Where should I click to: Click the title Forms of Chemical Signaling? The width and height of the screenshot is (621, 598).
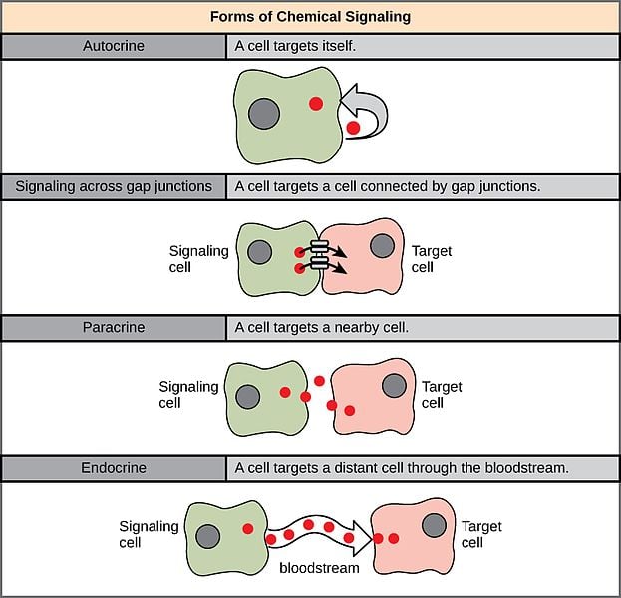[310, 17]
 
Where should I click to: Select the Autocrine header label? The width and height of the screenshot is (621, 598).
[114, 46]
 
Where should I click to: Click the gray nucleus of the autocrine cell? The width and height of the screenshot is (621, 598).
[264, 111]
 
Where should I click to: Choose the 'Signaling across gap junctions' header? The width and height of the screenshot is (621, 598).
[114, 186]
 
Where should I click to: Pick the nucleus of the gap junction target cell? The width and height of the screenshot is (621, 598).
[382, 244]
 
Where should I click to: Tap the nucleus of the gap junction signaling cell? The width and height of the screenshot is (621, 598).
[259, 252]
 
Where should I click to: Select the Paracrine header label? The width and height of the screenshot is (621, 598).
[114, 327]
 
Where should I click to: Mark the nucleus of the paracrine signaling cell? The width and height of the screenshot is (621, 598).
[248, 396]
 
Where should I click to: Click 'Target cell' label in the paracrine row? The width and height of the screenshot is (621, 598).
[442, 395]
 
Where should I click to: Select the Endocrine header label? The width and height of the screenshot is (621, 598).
[114, 467]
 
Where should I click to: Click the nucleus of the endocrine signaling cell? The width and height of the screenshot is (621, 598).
[208, 536]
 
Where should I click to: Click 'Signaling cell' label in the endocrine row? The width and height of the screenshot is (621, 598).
[149, 534]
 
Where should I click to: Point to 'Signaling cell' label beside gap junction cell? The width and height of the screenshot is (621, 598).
[198, 260]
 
